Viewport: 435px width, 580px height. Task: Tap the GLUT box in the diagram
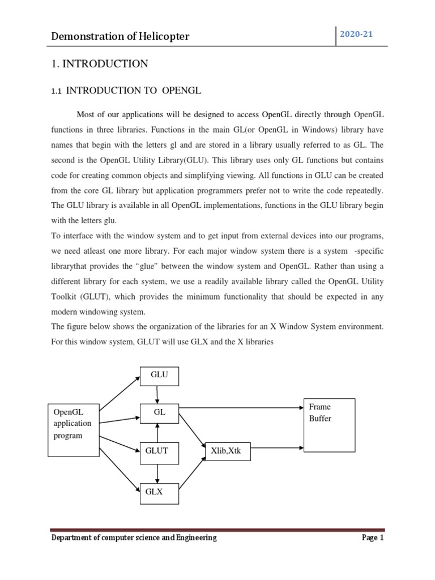coord(159,452)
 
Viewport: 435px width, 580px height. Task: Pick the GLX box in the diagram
coord(159,493)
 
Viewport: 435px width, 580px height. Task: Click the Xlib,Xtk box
coord(227,452)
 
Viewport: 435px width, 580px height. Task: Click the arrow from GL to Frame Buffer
coord(244,407)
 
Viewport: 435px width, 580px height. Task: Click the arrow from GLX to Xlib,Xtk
coord(192,472)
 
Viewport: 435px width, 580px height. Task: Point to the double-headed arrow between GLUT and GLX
coord(158,472)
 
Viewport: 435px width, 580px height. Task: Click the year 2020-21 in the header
coord(356,35)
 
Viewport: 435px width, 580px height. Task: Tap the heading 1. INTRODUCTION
coord(100,64)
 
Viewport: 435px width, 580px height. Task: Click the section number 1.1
coord(57,91)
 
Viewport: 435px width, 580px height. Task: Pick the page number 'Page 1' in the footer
coord(373,538)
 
